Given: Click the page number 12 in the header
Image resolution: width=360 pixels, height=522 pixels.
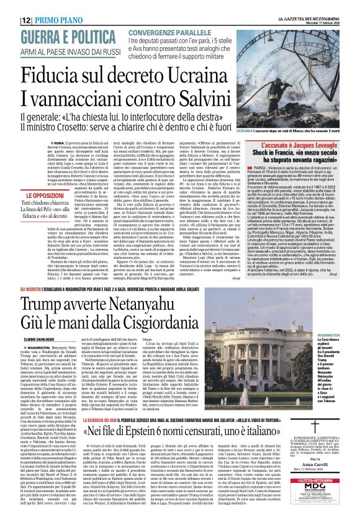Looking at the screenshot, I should point(11,6).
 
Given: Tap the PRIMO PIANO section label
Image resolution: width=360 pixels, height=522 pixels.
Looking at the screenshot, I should point(39,6).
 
